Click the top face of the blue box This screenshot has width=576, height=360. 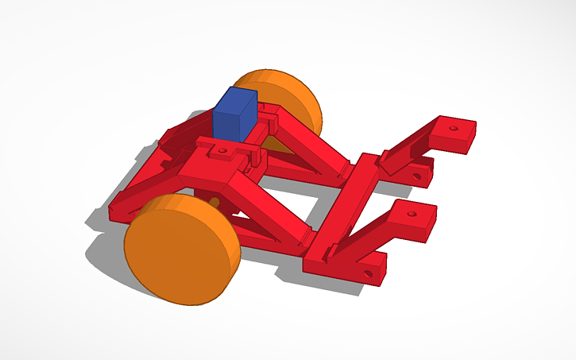point(238,96)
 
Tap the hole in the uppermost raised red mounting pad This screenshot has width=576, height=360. point(454,126)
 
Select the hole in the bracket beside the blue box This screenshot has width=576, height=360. point(223,150)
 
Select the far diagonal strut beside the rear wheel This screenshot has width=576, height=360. point(310,140)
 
